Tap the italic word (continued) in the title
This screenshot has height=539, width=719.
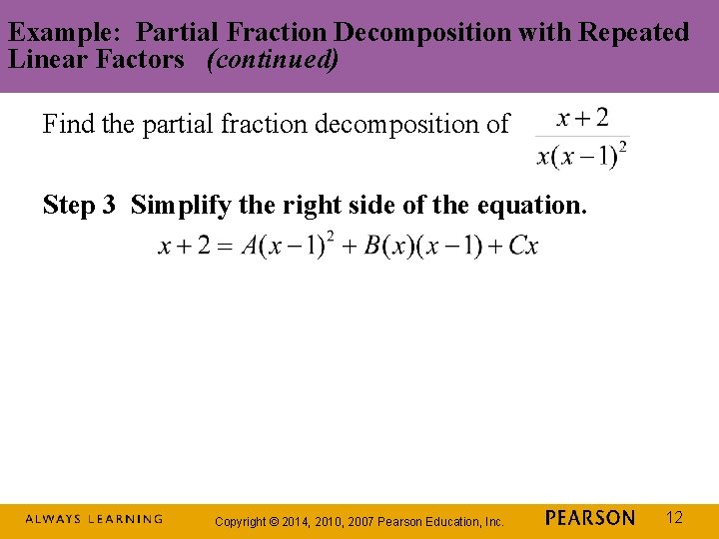click(x=273, y=59)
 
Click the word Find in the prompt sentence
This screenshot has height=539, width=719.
click(x=69, y=125)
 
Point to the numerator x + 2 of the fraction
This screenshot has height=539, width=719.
click(x=582, y=119)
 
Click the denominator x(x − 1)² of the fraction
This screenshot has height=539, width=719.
click(x=582, y=156)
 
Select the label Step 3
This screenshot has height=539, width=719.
click(x=82, y=206)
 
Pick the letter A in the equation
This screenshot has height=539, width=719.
click(x=251, y=247)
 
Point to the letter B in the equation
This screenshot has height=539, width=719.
click(x=372, y=247)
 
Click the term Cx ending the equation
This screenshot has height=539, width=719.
click(x=523, y=247)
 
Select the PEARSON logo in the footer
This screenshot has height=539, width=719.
click(x=590, y=518)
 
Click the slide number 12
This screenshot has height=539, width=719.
click(x=675, y=517)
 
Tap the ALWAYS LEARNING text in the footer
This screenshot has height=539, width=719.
click(x=94, y=519)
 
